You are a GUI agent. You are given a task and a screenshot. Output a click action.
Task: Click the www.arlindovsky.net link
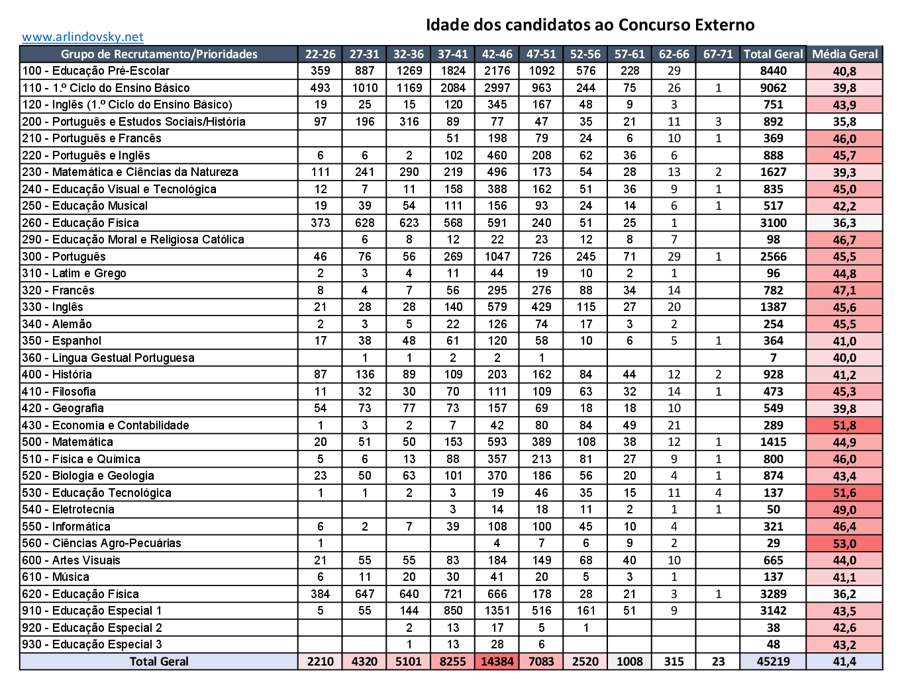click(82, 37)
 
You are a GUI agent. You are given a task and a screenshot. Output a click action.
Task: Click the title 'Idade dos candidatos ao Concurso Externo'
click(589, 25)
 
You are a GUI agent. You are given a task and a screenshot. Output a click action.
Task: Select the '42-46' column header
click(497, 54)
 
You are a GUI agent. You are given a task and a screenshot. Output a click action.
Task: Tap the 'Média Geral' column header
click(844, 54)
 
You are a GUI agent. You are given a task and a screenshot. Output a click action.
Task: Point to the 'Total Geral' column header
click(773, 54)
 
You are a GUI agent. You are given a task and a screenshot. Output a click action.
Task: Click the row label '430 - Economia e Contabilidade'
click(105, 425)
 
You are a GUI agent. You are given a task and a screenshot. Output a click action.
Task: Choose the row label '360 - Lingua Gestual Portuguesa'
click(108, 358)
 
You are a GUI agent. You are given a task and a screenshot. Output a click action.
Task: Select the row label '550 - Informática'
click(66, 527)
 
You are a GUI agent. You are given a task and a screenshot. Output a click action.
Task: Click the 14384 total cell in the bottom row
click(497, 662)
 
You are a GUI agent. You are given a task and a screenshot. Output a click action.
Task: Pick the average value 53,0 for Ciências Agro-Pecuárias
click(844, 544)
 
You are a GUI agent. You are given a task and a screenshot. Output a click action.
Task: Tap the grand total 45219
click(773, 662)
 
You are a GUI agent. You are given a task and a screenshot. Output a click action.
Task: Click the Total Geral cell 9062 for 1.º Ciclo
click(773, 88)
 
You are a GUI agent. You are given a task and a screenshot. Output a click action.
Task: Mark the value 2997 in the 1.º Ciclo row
click(497, 88)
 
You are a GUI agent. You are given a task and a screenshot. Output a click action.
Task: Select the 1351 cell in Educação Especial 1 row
click(497, 611)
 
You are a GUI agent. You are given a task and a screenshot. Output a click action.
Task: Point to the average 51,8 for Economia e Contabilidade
click(844, 425)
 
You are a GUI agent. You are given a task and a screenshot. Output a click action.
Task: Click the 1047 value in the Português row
click(497, 257)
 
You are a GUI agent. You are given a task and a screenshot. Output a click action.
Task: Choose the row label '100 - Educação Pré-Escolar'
click(95, 71)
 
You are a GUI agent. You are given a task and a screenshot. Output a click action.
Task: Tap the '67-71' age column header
click(718, 54)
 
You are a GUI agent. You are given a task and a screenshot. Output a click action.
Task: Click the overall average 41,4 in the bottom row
click(844, 662)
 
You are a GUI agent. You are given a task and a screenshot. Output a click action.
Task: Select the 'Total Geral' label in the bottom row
click(159, 662)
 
